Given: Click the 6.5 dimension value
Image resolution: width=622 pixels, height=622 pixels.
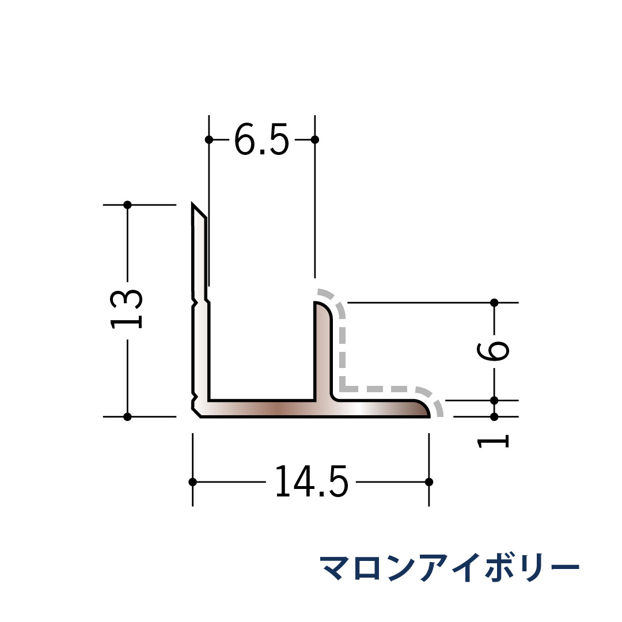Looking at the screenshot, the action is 261,139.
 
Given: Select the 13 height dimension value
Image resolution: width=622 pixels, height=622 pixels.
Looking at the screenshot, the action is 126,309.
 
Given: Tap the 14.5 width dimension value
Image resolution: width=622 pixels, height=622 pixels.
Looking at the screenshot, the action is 312,481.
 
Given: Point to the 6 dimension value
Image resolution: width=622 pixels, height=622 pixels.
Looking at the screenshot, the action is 493,351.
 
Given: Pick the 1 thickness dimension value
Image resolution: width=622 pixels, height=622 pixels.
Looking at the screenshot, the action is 493,442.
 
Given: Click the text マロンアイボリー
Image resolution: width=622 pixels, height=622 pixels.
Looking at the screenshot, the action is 450,567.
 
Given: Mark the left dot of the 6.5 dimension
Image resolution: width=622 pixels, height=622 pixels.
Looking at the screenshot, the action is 209,139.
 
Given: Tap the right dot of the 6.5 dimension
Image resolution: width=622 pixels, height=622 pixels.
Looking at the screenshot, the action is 315,139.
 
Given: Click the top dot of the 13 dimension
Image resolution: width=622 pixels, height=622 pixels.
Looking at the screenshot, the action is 127,204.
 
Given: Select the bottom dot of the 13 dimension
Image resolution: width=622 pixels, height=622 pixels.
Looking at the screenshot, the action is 127,416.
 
